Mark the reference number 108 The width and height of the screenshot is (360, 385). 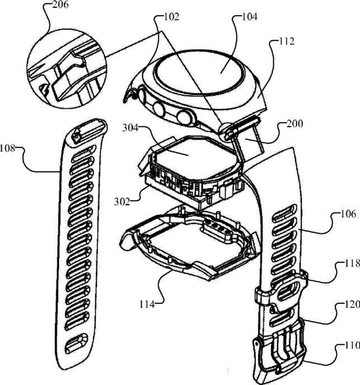pos(12,149)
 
